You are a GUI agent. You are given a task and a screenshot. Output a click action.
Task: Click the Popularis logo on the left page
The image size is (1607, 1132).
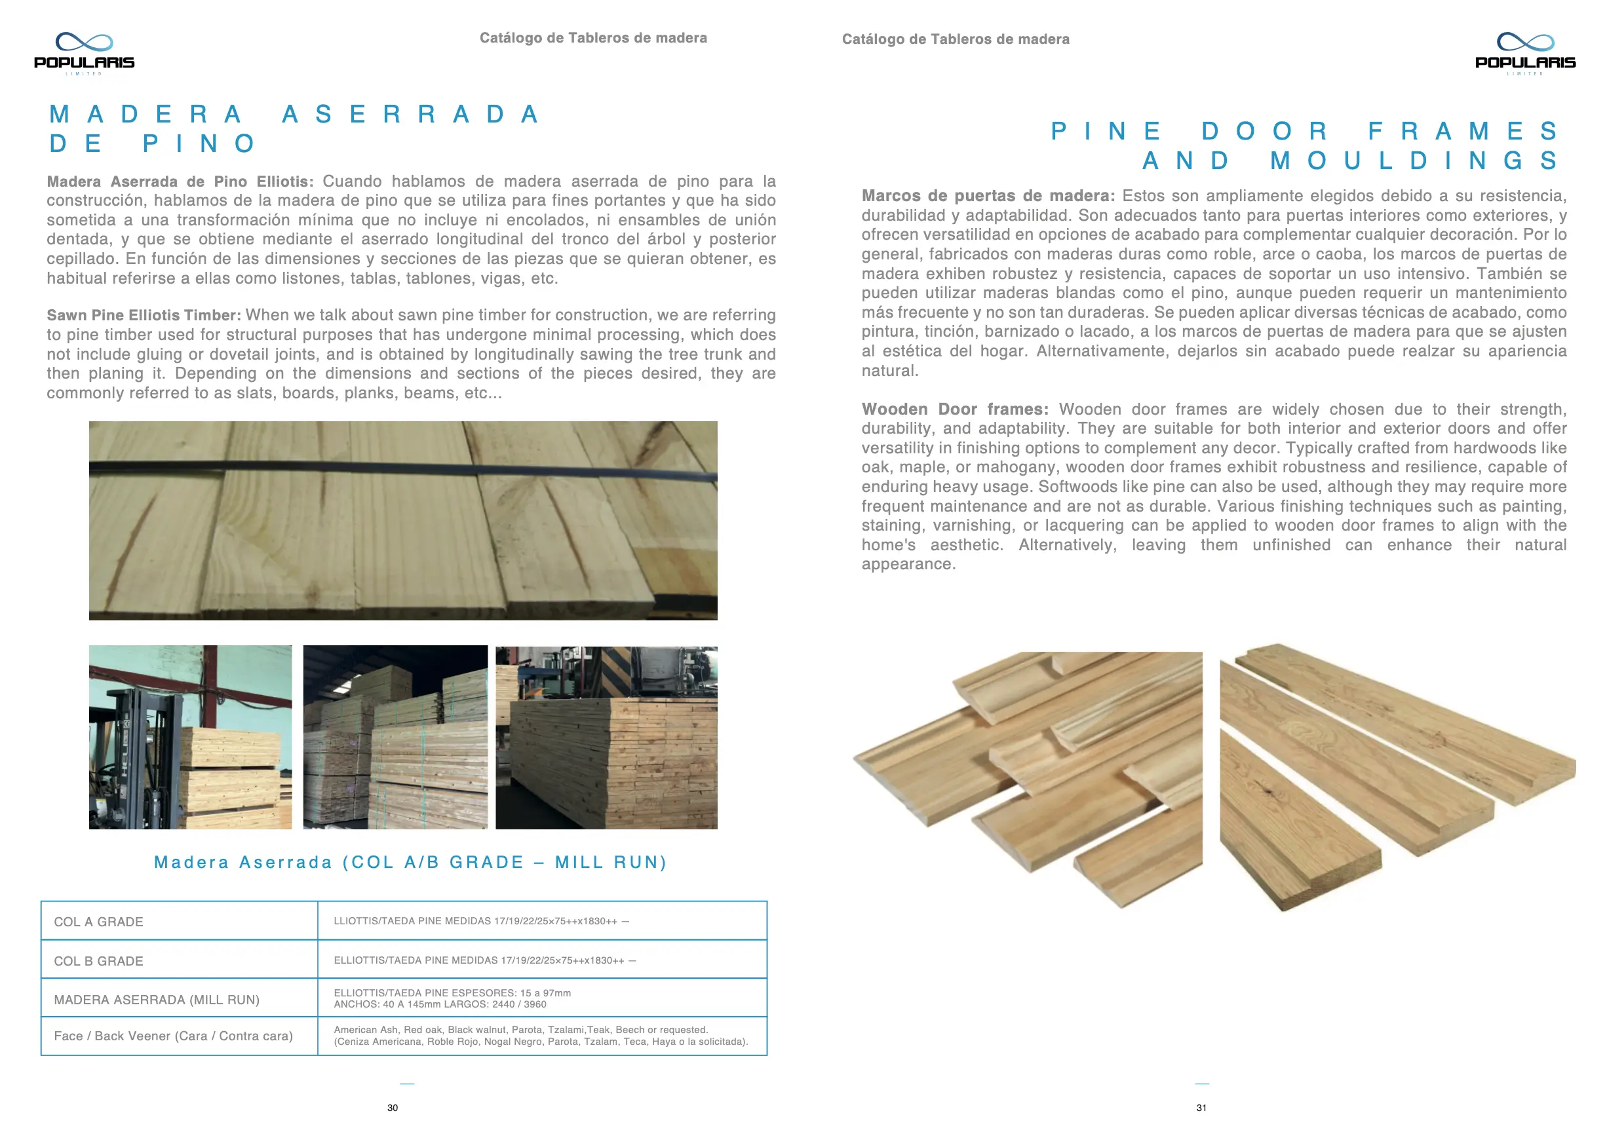point(84,53)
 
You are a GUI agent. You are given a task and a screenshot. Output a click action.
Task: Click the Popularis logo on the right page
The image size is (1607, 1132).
point(1525,53)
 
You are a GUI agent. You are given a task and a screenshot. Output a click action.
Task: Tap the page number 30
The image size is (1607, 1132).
point(393,1108)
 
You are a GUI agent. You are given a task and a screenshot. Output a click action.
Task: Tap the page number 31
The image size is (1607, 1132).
point(1201,1108)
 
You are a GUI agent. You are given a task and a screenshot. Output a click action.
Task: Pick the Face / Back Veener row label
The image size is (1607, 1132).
point(173,1036)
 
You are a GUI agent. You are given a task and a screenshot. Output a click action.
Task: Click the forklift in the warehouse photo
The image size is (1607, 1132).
point(133,755)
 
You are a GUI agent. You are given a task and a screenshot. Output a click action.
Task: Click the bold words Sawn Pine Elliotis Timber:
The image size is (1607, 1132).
point(144,316)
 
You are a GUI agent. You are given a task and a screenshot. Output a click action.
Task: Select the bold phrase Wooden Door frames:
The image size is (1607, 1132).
point(955,409)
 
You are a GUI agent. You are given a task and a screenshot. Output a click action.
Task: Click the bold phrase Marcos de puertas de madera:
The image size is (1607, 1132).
point(988,196)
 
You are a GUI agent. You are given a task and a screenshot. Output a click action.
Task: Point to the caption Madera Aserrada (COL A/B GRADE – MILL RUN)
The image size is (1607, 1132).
point(410,863)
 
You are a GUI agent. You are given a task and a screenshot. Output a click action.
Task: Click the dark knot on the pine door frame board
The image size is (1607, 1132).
point(1268,790)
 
